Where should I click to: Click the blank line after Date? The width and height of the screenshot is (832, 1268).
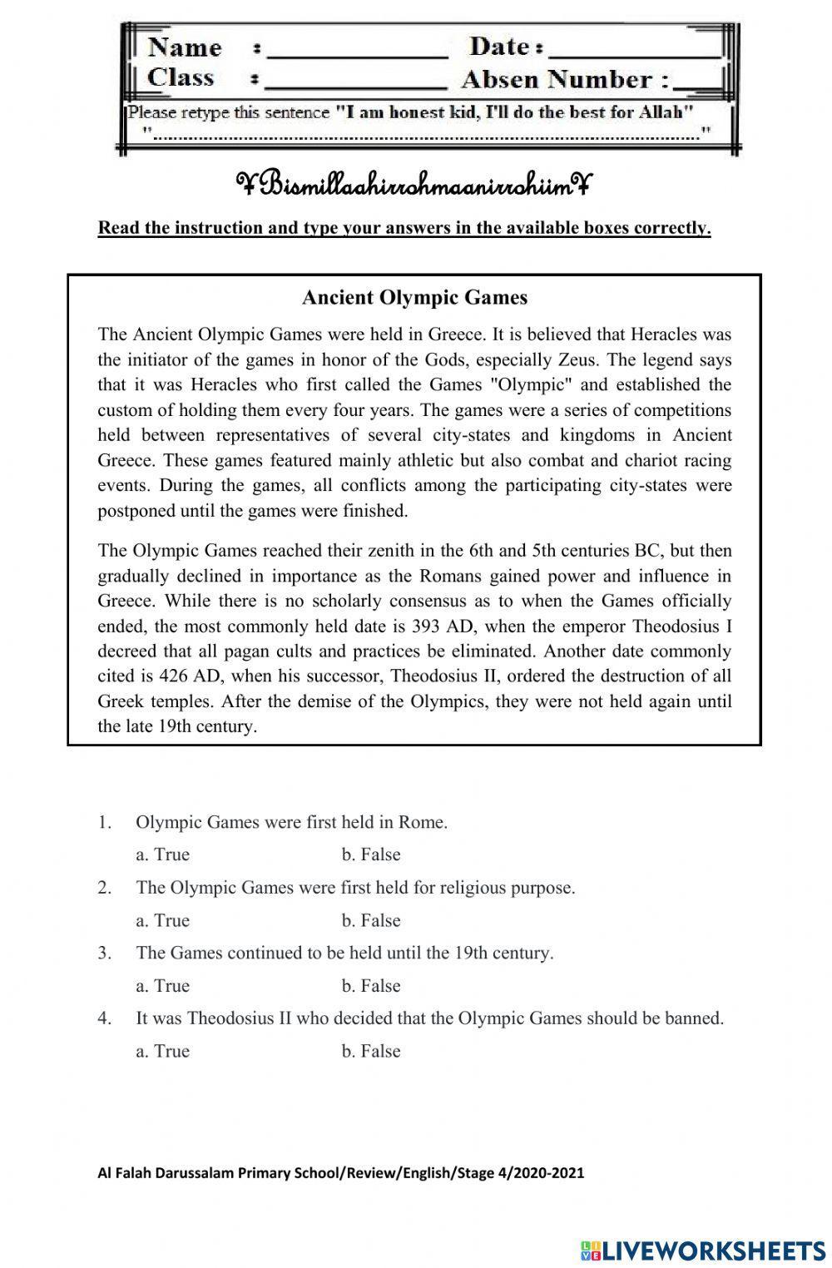pos(634,50)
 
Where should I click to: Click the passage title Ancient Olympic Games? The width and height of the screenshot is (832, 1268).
pos(414,297)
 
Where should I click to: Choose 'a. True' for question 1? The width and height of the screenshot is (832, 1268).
pos(162,854)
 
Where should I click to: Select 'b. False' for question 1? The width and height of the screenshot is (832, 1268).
pos(371,854)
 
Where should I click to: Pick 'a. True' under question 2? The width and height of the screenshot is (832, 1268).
pos(162,920)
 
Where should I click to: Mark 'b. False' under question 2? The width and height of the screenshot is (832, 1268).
pos(371,920)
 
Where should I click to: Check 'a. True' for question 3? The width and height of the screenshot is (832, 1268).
pos(162,986)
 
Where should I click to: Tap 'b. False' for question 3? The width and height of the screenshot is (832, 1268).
pos(371,986)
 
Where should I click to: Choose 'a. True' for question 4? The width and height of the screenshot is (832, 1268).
pos(162,1051)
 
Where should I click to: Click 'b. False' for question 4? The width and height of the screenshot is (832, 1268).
pos(371,1051)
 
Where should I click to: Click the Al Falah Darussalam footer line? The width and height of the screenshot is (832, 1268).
pos(341,1173)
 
